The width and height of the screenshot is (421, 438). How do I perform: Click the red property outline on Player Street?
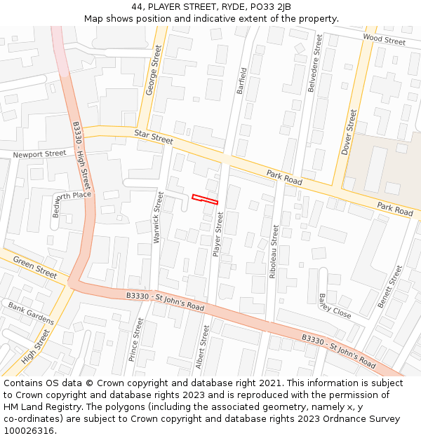pyautogui.click(x=205, y=199)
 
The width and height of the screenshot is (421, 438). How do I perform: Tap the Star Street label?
pyautogui.click(x=153, y=136)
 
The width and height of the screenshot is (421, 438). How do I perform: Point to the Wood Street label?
pyautogui.click(x=384, y=41)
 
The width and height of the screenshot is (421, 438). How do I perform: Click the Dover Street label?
pyautogui.click(x=349, y=132)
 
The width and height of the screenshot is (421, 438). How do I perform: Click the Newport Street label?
pyautogui.click(x=39, y=153)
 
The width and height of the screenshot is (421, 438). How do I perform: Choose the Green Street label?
pyautogui.click(x=35, y=266)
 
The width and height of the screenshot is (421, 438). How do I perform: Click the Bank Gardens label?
pyautogui.click(x=31, y=313)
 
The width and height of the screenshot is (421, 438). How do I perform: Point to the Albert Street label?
pyautogui.click(x=202, y=346)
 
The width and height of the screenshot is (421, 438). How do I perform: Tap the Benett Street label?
pyautogui.click(x=391, y=286)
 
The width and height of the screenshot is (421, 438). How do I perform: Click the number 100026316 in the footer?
pyautogui.click(x=29, y=431)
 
